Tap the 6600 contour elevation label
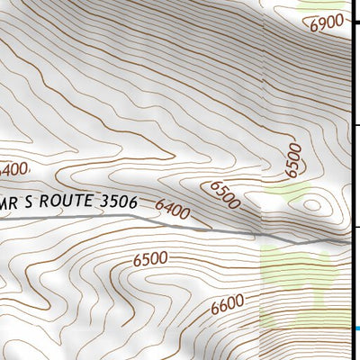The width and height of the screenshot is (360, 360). (x=229, y=306)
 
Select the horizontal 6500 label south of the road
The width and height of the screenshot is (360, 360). (x=150, y=259)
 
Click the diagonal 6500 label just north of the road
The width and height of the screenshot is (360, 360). (x=224, y=194)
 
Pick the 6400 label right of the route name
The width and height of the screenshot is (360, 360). (x=173, y=211)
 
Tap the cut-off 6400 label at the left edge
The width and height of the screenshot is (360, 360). (x=13, y=168)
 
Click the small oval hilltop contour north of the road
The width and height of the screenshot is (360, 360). (x=312, y=204)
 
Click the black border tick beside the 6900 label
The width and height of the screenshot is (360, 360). (x=355, y=24)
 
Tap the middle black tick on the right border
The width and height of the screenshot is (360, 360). (x=355, y=125)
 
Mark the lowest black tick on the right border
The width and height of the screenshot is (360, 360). (x=355, y=226)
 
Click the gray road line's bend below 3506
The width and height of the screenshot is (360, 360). (x=135, y=216)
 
